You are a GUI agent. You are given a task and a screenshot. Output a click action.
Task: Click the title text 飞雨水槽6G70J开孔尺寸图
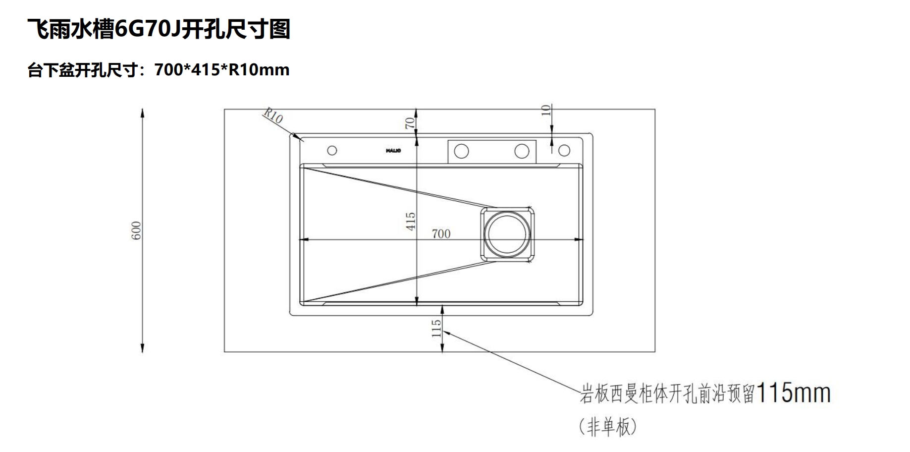(x=159, y=29)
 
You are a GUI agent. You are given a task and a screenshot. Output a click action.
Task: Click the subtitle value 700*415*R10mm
(x=221, y=70)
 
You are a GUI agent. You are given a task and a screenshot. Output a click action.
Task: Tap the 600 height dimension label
(x=137, y=230)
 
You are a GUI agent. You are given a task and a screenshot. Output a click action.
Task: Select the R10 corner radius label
(x=272, y=116)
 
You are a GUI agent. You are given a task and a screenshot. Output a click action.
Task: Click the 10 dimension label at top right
(x=546, y=110)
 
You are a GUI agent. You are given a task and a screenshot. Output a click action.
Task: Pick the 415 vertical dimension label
(x=411, y=221)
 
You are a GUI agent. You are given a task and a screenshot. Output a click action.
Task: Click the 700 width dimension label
(x=441, y=233)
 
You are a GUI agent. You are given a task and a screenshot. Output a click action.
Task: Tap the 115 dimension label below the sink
(x=436, y=328)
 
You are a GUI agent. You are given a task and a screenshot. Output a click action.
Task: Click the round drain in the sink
(x=507, y=234)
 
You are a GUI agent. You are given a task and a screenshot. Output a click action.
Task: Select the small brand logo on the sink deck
(x=393, y=150)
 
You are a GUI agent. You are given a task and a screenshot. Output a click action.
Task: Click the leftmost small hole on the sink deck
(x=332, y=150)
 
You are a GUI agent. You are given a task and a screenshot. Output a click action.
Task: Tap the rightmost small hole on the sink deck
(x=565, y=150)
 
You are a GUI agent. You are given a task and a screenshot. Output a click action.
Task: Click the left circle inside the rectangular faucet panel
(x=461, y=151)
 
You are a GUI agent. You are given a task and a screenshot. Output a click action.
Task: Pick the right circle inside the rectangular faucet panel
(x=522, y=151)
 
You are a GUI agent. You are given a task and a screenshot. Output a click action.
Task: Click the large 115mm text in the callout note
(x=794, y=394)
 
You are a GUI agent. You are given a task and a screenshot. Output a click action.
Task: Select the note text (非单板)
(x=607, y=426)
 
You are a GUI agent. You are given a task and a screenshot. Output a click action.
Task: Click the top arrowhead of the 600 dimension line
(x=143, y=113)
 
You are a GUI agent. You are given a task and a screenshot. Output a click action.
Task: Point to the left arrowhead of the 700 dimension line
(x=304, y=240)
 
